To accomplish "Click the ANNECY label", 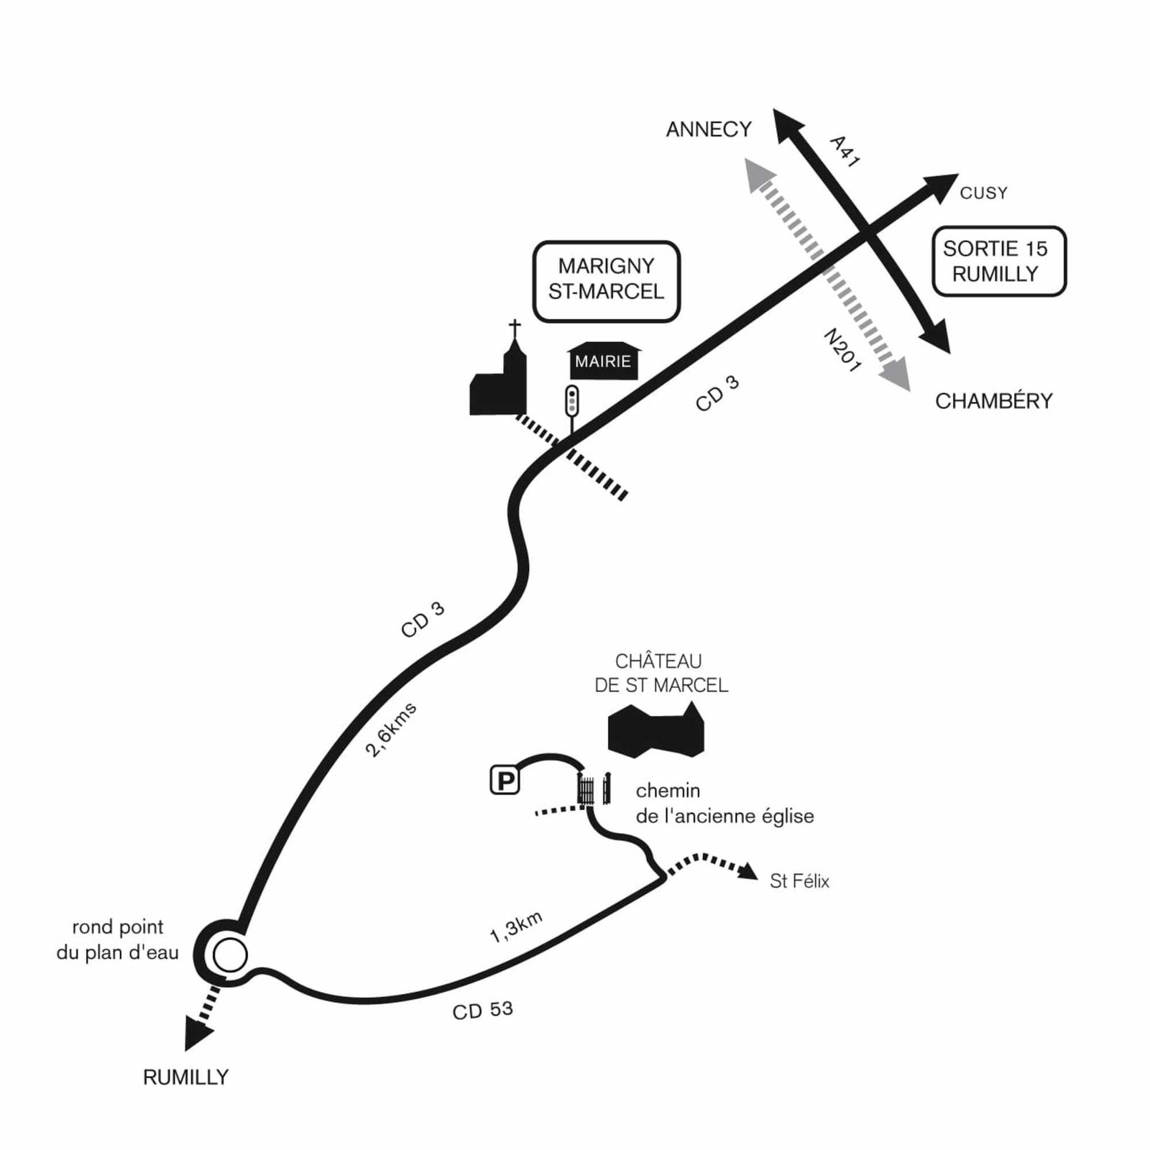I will pos(708,129).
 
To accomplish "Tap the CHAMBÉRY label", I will pos(993,401).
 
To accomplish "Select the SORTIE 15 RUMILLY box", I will pos(998,262).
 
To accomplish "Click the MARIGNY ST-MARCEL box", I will pos(606,280).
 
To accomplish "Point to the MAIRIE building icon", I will pos(603,361).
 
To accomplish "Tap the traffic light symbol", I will pos(572,400).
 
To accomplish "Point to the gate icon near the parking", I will pos(594,788).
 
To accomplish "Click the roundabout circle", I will pos(230,955).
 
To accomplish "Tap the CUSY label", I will pos(983,193).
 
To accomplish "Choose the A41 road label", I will pos(845,152).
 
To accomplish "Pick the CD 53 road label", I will pos(482,1010).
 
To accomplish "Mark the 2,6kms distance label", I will pos(390,730).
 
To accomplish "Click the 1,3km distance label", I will pos(515,926).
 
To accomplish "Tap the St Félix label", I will pos(799,881).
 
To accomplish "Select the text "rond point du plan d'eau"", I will pos(117,940).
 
